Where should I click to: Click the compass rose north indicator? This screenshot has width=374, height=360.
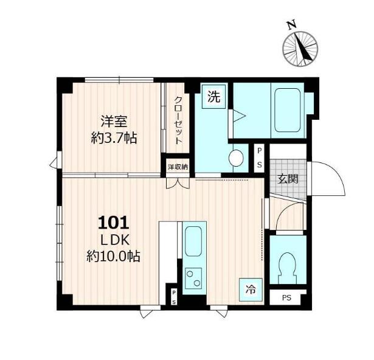pyautogui.click(x=300, y=49)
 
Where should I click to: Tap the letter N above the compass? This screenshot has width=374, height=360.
pyautogui.click(x=291, y=25)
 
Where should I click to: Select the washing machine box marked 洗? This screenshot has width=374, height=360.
pyautogui.click(x=213, y=97)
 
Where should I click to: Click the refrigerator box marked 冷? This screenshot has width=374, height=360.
pyautogui.click(x=251, y=289)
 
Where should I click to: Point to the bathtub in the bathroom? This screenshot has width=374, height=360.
pyautogui.click(x=287, y=110)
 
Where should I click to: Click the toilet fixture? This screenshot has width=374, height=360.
pyautogui.click(x=288, y=268)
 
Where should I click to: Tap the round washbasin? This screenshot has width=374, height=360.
pyautogui.click(x=236, y=158)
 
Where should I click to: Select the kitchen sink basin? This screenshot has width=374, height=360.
pyautogui.click(x=193, y=241)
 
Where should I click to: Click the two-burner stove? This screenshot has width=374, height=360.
pyautogui.click(x=193, y=278)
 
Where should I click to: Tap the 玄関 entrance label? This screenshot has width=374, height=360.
pyautogui.click(x=288, y=179)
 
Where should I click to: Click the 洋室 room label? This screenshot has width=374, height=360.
pyautogui.click(x=114, y=121)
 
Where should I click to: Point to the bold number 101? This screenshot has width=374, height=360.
pyautogui.click(x=114, y=223)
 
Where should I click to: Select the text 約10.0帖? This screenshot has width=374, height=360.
pyautogui.click(x=113, y=256)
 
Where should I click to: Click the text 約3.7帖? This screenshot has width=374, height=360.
pyautogui.click(x=114, y=138)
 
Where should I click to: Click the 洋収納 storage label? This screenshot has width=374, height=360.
pyautogui.click(x=178, y=167)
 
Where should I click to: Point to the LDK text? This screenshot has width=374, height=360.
pyautogui.click(x=115, y=240)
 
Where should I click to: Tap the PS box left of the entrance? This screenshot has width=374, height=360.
pyautogui.click(x=259, y=158)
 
